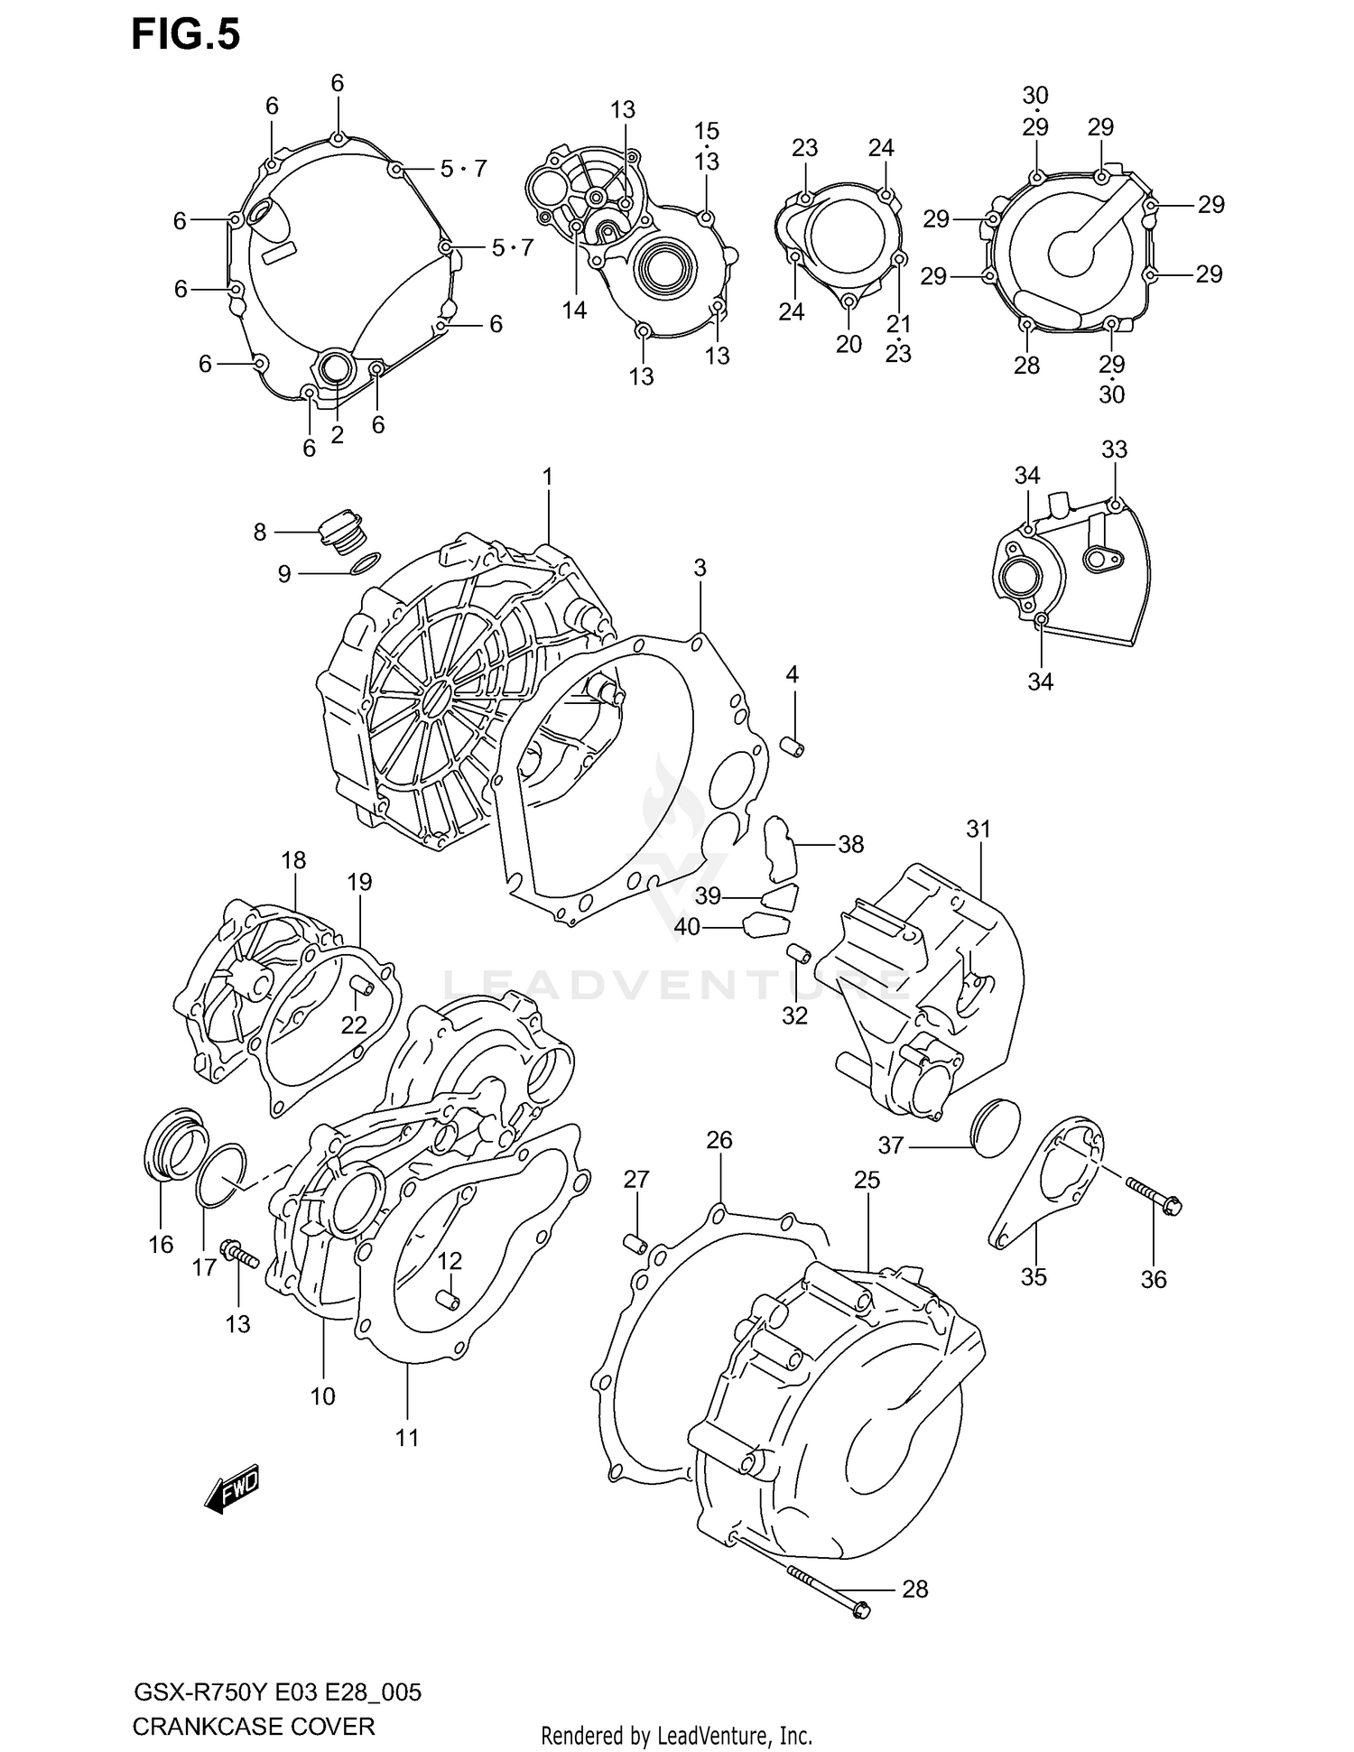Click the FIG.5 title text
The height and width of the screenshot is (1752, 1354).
tap(186, 34)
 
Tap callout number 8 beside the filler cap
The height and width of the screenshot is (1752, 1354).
tap(260, 533)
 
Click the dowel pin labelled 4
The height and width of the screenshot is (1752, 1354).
tap(792, 747)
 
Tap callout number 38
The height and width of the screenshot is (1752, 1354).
tap(850, 844)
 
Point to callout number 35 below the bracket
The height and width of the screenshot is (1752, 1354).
tap(1034, 1276)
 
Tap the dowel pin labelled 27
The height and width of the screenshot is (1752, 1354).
tap(636, 1244)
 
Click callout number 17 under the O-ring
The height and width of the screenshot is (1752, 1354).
tap(204, 1267)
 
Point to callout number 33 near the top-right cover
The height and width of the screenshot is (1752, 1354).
tap(1115, 449)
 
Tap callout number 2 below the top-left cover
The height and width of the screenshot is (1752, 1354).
tap(337, 435)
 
